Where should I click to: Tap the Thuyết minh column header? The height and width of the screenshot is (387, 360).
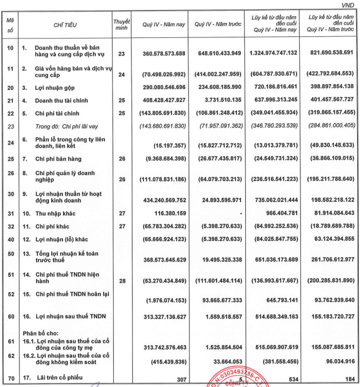click(x=121, y=24)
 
